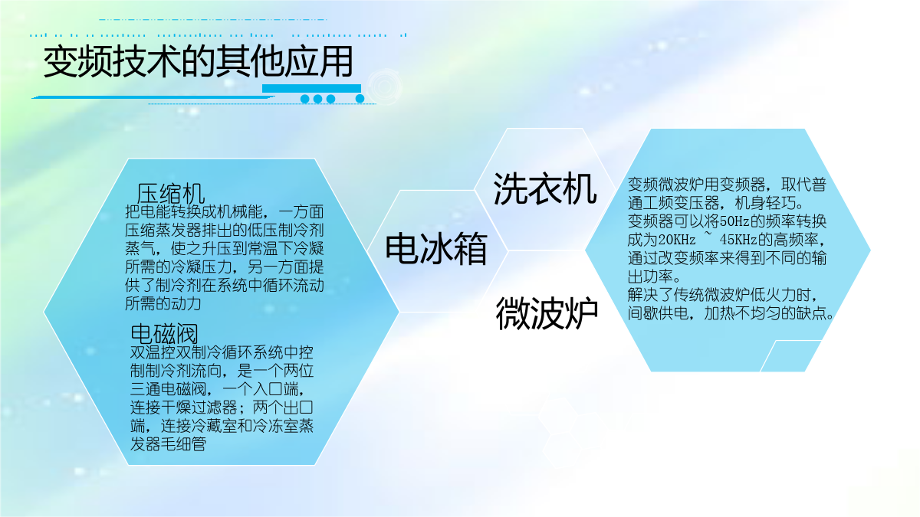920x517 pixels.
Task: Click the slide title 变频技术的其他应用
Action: point(198,61)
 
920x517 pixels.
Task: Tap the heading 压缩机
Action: point(170,193)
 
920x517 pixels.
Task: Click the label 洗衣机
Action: point(544,188)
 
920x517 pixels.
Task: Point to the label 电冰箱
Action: point(436,248)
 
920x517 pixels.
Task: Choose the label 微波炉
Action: point(547,313)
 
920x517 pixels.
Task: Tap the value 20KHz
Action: point(677,240)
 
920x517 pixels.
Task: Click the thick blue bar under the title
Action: point(311,88)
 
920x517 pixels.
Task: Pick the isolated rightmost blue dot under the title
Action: point(360,99)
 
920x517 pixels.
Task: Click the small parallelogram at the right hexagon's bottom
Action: point(790,355)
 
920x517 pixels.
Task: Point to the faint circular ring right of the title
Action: point(384,87)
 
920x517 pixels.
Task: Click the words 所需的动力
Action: point(163,303)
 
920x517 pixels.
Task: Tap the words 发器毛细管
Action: point(168,444)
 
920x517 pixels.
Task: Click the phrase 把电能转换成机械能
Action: point(194,211)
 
